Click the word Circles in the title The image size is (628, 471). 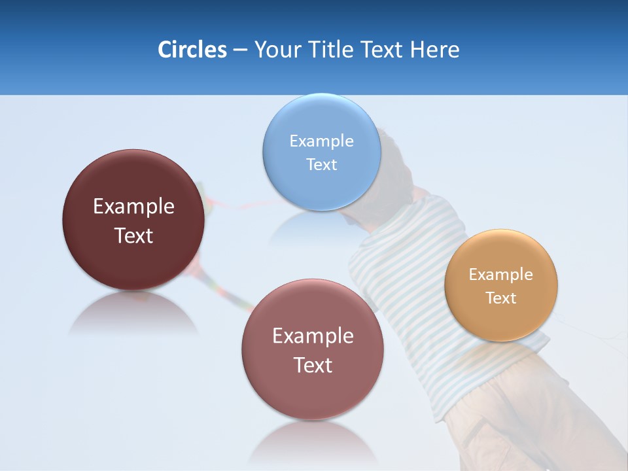(x=192, y=50)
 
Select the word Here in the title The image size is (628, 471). (x=435, y=50)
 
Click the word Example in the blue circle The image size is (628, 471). (x=321, y=141)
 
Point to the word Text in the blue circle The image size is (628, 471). (x=321, y=164)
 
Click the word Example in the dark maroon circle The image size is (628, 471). (x=133, y=206)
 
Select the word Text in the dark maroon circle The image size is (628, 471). (x=133, y=235)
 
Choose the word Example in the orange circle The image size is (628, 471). (x=500, y=274)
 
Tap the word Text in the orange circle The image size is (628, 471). (x=500, y=298)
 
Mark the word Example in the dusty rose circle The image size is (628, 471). (x=313, y=336)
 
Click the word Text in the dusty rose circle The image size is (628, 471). (x=313, y=365)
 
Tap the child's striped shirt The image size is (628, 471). (x=406, y=262)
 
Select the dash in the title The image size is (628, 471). (x=240, y=50)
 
